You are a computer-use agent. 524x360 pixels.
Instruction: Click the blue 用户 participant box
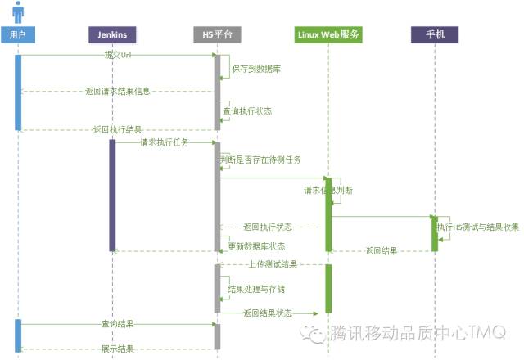click(x=18, y=34)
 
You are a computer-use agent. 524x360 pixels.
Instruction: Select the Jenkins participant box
click(x=112, y=34)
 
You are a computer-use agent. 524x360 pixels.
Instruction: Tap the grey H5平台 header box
click(x=217, y=34)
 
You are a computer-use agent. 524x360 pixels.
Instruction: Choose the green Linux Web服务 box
click(x=327, y=34)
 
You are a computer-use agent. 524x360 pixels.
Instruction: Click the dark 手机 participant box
click(x=435, y=34)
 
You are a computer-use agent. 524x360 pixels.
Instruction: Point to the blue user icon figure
click(x=18, y=11)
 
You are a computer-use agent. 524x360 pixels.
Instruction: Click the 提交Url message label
click(x=117, y=54)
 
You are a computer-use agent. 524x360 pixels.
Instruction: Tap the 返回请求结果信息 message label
click(x=117, y=91)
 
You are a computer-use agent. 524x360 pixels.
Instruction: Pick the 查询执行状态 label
click(x=247, y=110)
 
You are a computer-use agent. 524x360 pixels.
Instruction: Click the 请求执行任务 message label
click(x=164, y=142)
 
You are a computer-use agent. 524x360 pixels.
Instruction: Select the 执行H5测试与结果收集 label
click(x=478, y=226)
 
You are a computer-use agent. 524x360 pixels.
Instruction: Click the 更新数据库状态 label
click(x=256, y=246)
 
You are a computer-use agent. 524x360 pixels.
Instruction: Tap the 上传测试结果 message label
click(x=272, y=264)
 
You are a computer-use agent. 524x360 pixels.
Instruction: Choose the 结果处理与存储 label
click(x=256, y=289)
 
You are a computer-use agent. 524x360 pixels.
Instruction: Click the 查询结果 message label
click(x=117, y=324)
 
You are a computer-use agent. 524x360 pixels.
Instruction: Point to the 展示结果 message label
click(x=117, y=349)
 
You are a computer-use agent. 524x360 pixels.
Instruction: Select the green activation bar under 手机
click(x=435, y=233)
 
